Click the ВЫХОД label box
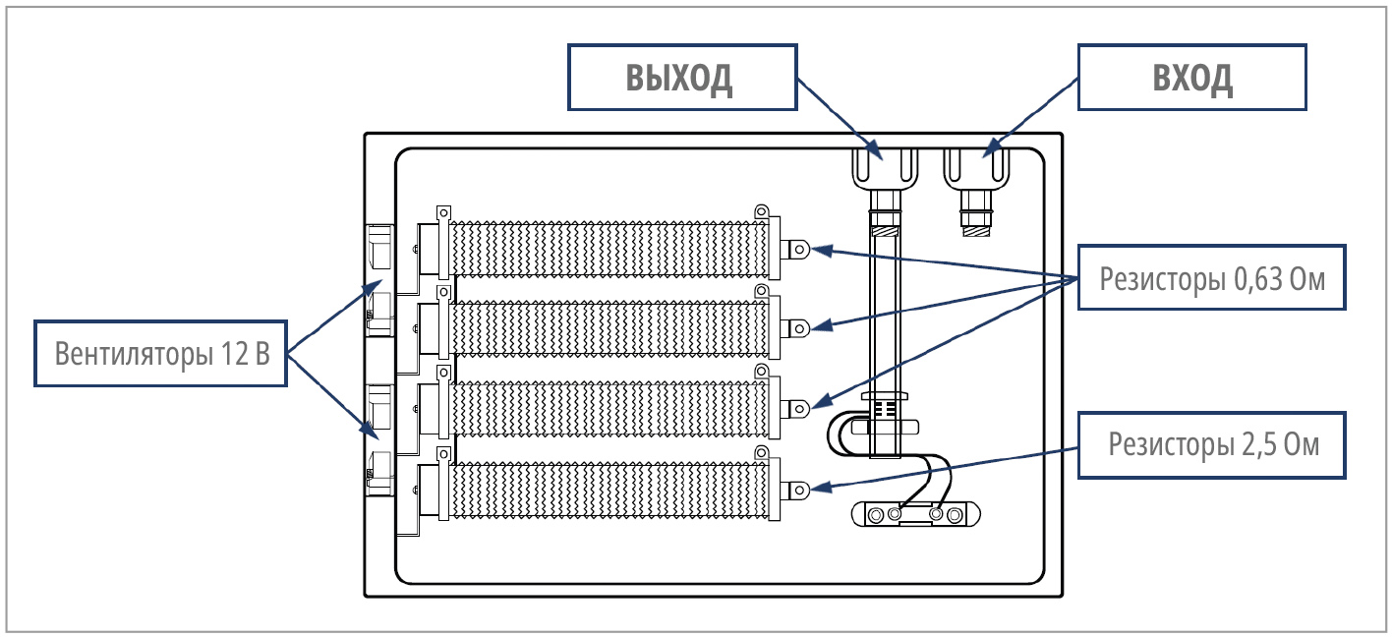tap(682, 78)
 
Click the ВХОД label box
tap(1191, 78)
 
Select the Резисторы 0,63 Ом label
tap(1212, 278)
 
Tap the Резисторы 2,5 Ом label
tap(1212, 445)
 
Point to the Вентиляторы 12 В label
tap(161, 354)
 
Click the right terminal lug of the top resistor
tap(795, 250)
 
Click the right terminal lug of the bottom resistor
tap(795, 491)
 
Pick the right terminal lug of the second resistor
tap(795, 328)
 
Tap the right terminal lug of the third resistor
tap(795, 409)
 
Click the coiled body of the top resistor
tap(609, 250)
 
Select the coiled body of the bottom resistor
tap(609, 491)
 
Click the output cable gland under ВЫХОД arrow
tap(885, 187)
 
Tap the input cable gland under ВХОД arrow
tap(976, 187)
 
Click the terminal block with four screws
tap(915, 515)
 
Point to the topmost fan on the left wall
tap(379, 247)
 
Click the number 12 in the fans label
tap(234, 354)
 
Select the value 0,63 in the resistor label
tap(1257, 279)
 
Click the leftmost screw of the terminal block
tap(876, 515)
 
